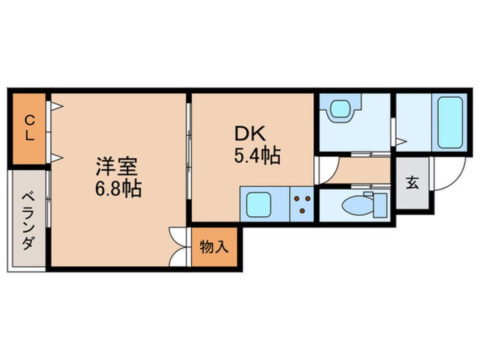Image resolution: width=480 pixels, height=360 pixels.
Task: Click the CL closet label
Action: (28, 128)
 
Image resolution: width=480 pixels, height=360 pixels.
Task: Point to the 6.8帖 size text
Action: (119, 187)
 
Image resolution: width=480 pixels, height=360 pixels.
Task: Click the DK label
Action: (250, 133)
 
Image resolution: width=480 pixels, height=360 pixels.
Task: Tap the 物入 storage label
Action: (214, 247)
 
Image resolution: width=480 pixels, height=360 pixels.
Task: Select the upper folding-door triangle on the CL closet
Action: (57, 106)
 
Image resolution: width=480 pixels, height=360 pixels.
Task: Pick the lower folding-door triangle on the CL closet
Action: (57, 157)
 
